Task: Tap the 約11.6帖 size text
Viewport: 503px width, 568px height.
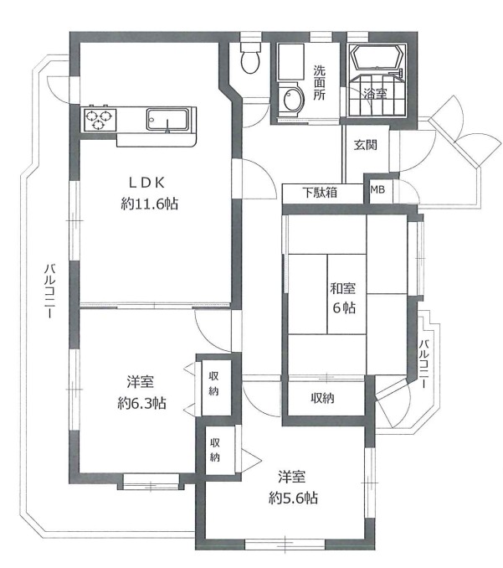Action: click(x=149, y=204)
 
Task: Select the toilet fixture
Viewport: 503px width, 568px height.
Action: click(x=250, y=59)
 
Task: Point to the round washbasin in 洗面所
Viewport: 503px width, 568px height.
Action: click(x=291, y=99)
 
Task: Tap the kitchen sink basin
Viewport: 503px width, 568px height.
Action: click(x=167, y=119)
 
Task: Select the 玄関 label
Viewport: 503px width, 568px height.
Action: click(x=366, y=145)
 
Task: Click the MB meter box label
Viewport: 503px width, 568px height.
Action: click(x=377, y=189)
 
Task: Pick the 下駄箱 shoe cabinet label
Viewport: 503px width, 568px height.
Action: click(x=321, y=193)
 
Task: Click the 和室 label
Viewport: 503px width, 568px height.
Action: click(x=342, y=289)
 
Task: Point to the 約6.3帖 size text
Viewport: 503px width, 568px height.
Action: click(x=141, y=403)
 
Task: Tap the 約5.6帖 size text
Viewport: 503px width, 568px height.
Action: click(x=293, y=498)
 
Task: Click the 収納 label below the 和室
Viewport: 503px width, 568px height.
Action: click(x=322, y=398)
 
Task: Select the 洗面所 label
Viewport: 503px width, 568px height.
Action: click(x=319, y=83)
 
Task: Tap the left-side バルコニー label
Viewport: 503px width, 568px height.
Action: click(x=49, y=292)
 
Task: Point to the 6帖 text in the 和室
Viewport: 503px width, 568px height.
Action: click(x=344, y=308)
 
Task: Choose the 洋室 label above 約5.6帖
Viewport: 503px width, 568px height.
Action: click(x=291, y=477)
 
